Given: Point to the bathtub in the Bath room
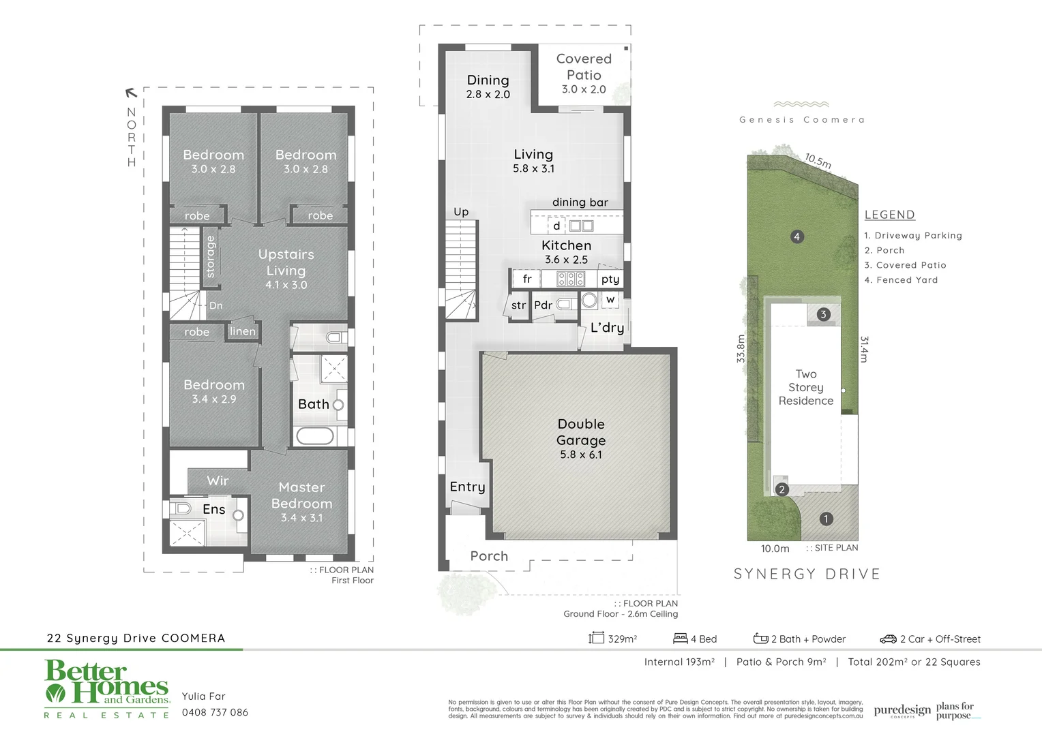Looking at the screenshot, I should pyautogui.click(x=315, y=435).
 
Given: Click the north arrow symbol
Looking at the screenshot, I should pyautogui.click(x=131, y=93).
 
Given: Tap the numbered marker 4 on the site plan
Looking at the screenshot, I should pyautogui.click(x=797, y=236).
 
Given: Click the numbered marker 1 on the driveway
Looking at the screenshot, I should pyautogui.click(x=826, y=519).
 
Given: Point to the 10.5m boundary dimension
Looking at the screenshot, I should pyautogui.click(x=818, y=161).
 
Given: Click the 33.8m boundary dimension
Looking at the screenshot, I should pyautogui.click(x=741, y=348).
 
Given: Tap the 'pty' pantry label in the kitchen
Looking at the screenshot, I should pyautogui.click(x=610, y=279).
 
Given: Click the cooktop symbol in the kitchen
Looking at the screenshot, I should pyautogui.click(x=571, y=278).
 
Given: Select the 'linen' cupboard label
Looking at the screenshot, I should pyautogui.click(x=243, y=331).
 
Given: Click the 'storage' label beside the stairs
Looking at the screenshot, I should pyautogui.click(x=211, y=256).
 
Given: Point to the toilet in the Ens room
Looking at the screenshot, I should pyautogui.click(x=181, y=508).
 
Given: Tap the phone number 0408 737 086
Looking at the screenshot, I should pyautogui.click(x=215, y=712).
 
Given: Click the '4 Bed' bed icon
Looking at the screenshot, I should pyautogui.click(x=680, y=639).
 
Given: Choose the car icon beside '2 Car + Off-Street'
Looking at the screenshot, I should pyautogui.click(x=888, y=639).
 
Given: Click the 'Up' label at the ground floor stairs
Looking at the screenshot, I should pyautogui.click(x=461, y=212).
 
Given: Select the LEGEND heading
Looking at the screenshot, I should pyautogui.click(x=889, y=215).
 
